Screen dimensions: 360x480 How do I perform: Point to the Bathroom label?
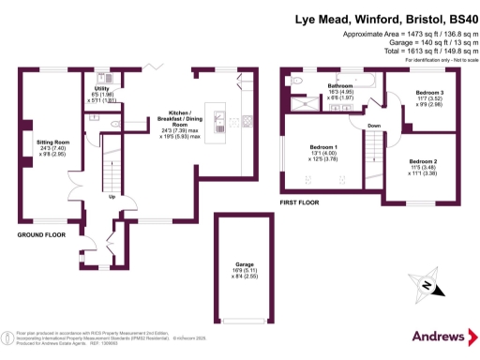click(339, 85)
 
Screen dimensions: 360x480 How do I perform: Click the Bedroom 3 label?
click(429, 92)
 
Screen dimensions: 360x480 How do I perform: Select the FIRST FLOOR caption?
click(301, 202)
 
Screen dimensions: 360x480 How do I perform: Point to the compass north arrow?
click(427, 286)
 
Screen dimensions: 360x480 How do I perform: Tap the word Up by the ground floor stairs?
click(112, 197)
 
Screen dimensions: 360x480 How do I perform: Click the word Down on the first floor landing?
click(374, 125)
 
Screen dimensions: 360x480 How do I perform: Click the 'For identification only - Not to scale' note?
click(436, 60)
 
